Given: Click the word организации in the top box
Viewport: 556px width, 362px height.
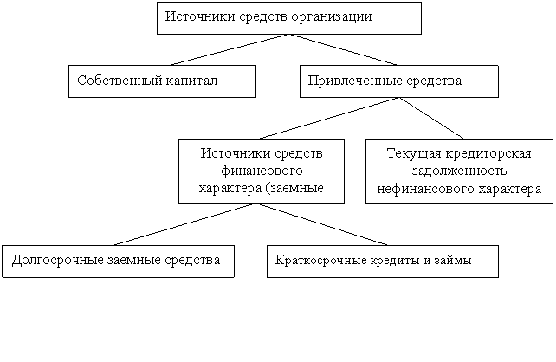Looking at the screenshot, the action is [x=331, y=17].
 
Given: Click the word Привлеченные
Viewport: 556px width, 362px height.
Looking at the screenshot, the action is [x=354, y=81].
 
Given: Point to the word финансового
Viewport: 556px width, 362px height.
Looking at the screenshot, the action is [x=262, y=171].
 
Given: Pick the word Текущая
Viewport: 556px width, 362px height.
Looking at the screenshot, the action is [x=414, y=154].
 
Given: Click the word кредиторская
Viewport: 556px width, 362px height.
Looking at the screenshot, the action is [x=488, y=154].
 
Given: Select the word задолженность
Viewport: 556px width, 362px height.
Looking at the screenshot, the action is [x=459, y=171].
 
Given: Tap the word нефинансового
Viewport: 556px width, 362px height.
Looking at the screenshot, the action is [x=425, y=189].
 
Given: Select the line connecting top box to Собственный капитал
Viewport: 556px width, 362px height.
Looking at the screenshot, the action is [x=230, y=49].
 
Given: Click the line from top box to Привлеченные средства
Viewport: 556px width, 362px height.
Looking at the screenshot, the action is [x=343, y=49].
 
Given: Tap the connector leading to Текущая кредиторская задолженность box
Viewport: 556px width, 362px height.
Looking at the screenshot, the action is [x=432, y=119].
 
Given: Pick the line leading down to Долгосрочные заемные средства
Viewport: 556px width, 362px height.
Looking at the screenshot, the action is [x=185, y=224].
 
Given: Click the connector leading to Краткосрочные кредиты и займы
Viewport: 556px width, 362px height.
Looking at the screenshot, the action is [x=321, y=224].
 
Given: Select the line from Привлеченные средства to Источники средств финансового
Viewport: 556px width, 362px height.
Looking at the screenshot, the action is [x=328, y=119].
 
